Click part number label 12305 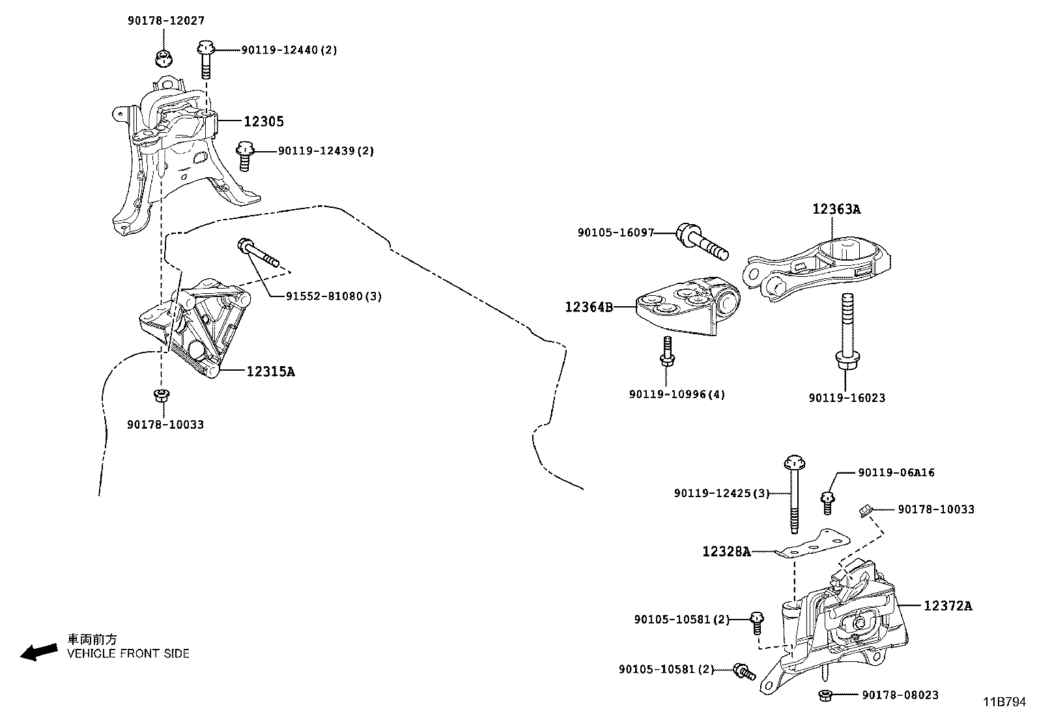(x=264, y=121)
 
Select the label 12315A (x=270, y=372)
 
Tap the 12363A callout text (x=836, y=209)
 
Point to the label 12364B (x=588, y=307)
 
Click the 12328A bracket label (x=726, y=552)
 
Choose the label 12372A (x=948, y=606)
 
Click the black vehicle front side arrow (x=38, y=652)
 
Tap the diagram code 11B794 (x=1004, y=702)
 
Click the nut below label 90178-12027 (x=163, y=57)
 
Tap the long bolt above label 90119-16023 (x=845, y=332)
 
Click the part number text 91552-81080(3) (x=334, y=296)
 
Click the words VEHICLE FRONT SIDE (x=128, y=653)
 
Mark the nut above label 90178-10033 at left (x=160, y=395)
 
